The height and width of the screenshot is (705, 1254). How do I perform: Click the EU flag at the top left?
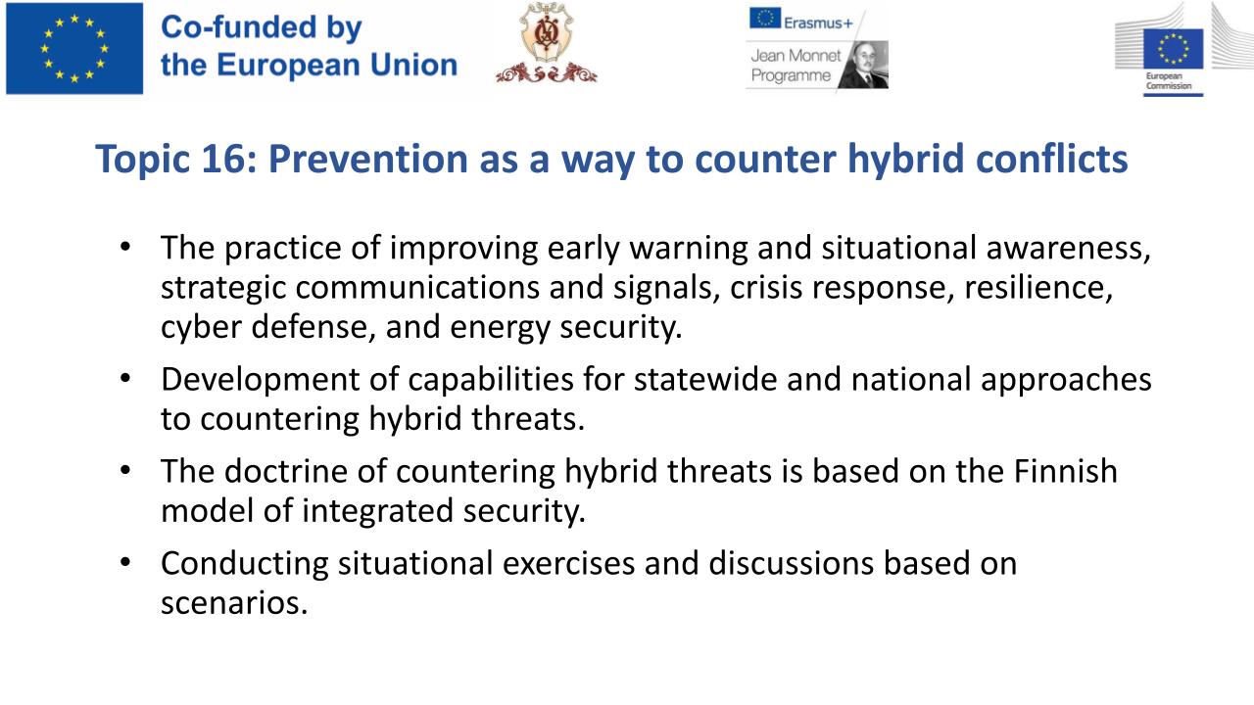[74, 48]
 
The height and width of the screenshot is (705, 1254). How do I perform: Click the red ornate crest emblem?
[546, 44]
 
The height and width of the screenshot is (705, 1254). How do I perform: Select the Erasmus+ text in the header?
[818, 23]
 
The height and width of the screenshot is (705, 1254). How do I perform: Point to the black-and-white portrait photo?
[864, 65]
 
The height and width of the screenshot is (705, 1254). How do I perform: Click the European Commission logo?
[1173, 50]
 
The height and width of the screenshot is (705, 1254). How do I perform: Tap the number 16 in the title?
[223, 159]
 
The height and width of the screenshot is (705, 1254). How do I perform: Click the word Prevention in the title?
[368, 159]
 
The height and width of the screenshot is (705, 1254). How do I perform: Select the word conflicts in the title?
[1051, 159]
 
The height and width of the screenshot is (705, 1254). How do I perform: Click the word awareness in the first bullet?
[1068, 248]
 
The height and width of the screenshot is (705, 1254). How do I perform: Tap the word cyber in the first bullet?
[202, 327]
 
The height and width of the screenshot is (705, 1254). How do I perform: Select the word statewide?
[705, 379]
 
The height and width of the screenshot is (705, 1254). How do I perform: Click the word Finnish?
[1065, 471]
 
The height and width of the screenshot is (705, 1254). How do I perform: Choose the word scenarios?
[234, 603]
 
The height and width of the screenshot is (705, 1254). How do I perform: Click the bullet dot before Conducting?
[125, 561]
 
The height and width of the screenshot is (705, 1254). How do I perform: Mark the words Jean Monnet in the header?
[796, 56]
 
